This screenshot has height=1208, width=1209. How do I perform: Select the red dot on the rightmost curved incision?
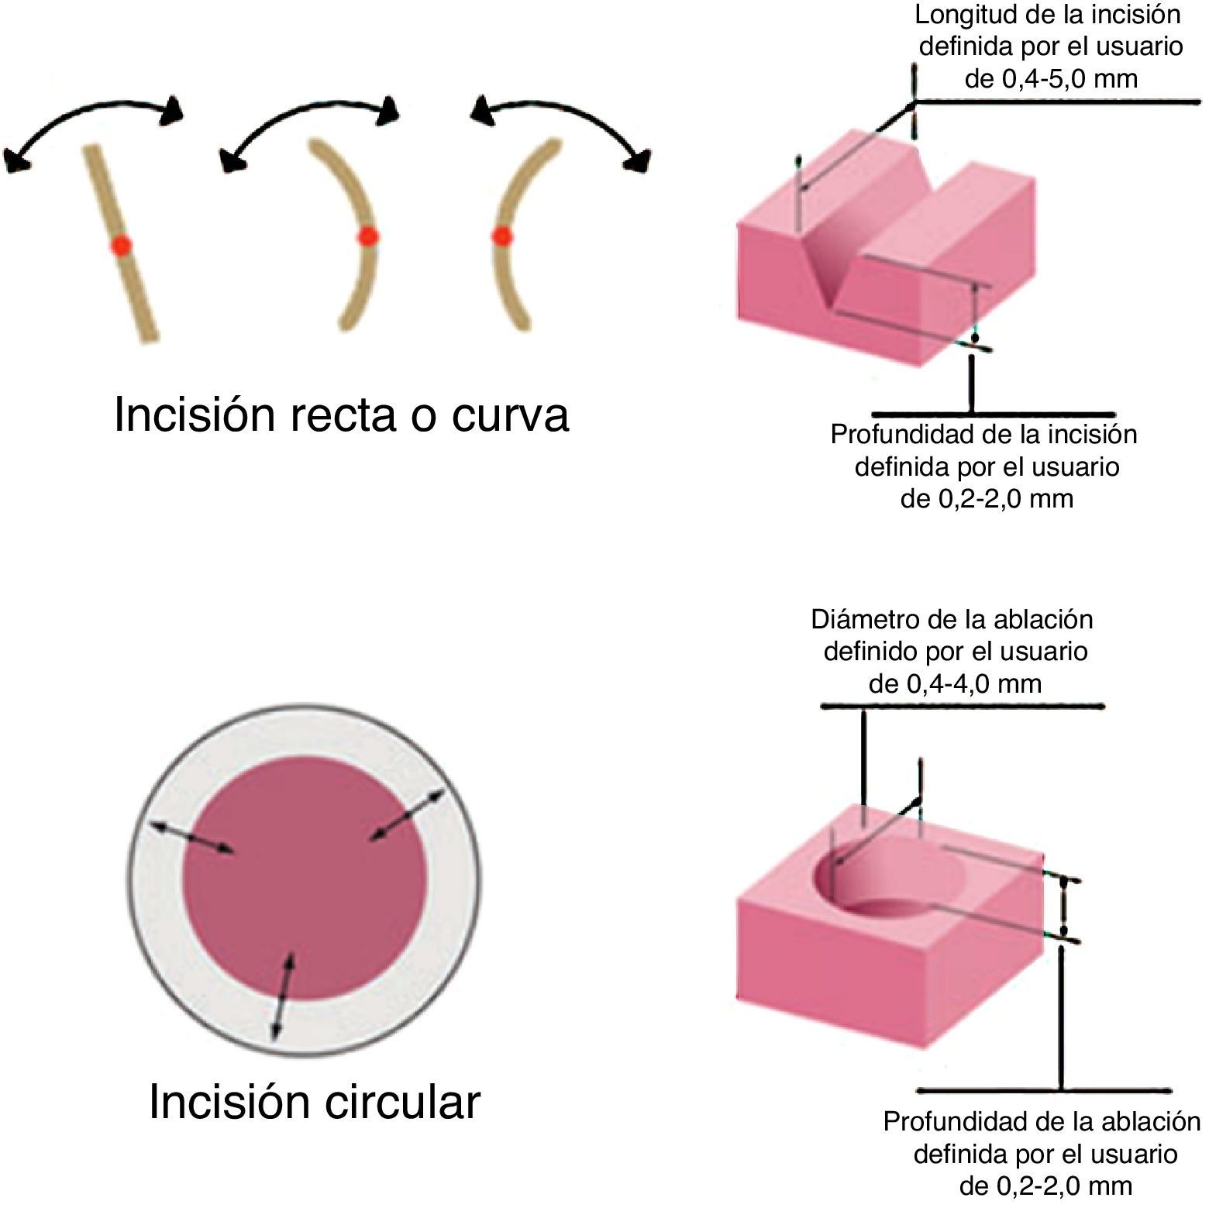(502, 236)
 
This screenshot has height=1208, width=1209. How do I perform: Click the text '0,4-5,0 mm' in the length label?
(1051, 79)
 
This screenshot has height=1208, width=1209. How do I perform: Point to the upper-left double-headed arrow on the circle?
(191, 838)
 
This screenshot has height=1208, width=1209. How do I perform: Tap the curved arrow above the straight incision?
(93, 116)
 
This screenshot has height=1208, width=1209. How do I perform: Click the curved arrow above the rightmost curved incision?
(562, 120)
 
